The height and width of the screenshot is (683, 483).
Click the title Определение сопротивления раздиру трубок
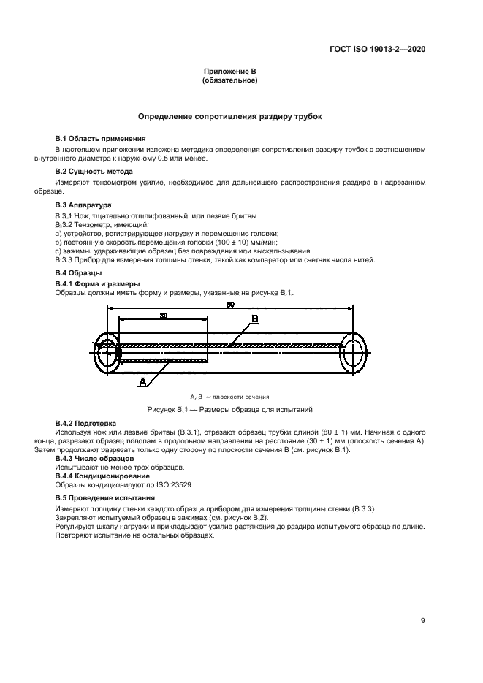(x=229, y=116)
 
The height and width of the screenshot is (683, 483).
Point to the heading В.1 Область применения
(x=101, y=138)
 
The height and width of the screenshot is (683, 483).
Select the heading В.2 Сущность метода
(x=94, y=172)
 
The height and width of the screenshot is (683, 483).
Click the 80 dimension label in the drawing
(x=229, y=305)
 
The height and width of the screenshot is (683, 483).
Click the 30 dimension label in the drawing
(x=162, y=316)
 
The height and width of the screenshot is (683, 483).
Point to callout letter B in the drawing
(x=254, y=319)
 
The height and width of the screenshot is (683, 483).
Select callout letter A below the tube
(x=143, y=381)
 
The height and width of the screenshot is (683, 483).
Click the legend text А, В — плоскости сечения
(x=229, y=395)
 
